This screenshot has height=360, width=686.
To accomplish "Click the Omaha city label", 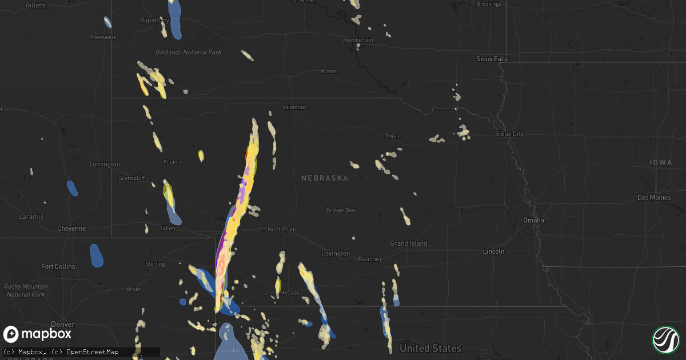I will (534, 221).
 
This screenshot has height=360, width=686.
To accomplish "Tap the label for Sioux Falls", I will (492, 59).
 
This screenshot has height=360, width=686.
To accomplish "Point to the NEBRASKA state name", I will (325, 178).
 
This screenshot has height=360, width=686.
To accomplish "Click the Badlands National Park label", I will (188, 53).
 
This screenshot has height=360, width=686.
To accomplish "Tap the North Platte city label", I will (282, 230).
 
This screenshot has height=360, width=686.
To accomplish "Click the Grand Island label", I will (408, 243).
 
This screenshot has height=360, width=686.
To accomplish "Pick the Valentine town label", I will (294, 107).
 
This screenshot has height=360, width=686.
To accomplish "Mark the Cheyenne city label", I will (71, 229).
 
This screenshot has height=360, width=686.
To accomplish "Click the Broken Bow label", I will (341, 210).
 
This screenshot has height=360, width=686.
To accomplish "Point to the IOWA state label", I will (661, 163).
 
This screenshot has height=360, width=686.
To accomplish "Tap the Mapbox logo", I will (38, 334).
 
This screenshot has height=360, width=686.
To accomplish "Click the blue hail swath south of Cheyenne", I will (97, 255).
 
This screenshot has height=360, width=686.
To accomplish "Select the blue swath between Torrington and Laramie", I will (72, 188).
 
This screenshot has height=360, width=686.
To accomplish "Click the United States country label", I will (430, 348).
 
